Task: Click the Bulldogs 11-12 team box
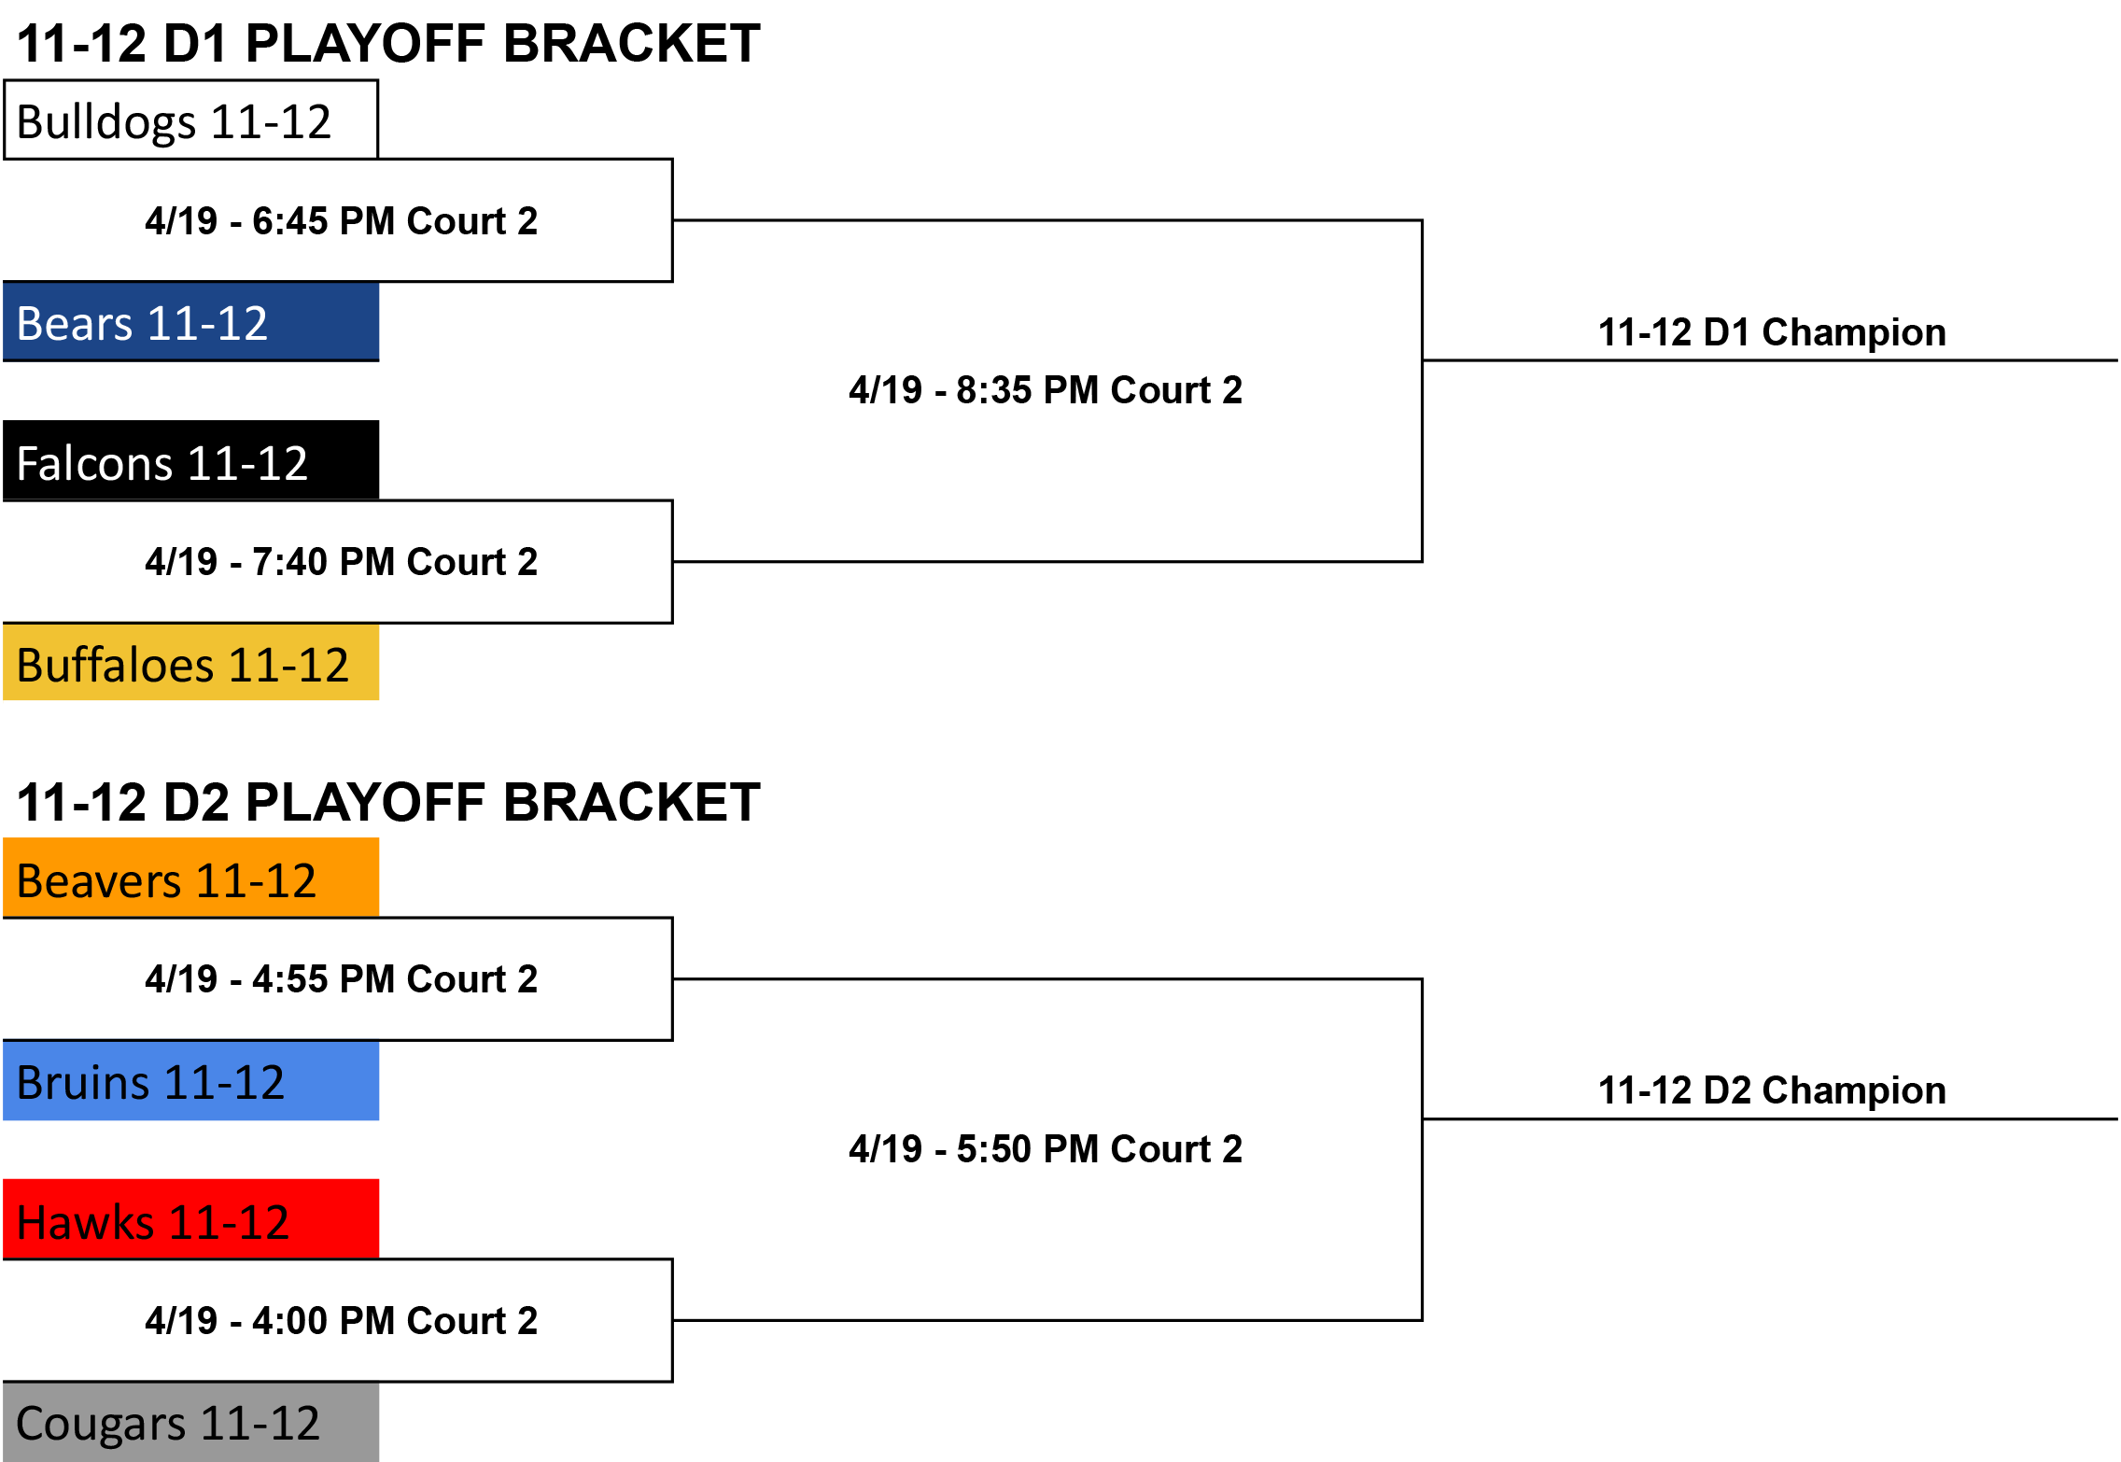190,119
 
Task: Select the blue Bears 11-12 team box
190,322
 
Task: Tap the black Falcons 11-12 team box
190,460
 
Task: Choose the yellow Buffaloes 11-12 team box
190,663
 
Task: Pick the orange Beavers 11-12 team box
190,878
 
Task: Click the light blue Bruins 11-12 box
190,1081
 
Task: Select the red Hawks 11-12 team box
190,1219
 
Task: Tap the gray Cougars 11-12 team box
190,1422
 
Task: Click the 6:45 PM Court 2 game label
342,221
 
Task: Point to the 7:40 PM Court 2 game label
342,562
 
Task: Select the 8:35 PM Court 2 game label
1046,390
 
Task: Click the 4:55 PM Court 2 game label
342,979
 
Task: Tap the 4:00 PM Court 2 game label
342,1321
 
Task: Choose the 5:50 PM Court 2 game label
1046,1149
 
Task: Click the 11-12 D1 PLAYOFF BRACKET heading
388,44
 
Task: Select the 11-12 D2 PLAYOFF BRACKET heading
388,803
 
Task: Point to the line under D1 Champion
1770,360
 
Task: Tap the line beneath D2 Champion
1770,1118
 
